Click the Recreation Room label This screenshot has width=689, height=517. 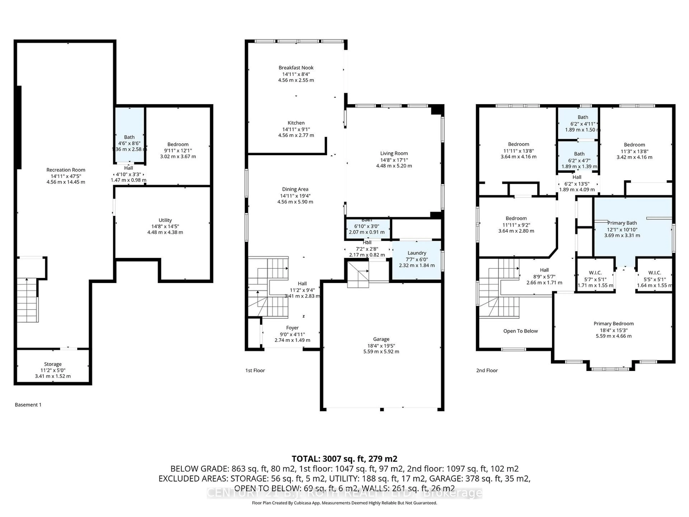[66, 170]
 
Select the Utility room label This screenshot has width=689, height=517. [165, 220]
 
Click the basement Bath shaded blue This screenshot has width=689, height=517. [129, 137]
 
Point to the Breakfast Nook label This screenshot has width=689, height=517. [296, 68]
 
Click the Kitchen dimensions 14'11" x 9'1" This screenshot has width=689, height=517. [296, 129]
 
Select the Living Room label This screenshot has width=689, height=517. [394, 153]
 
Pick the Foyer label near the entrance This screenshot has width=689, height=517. [292, 328]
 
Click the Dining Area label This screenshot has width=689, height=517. [295, 189]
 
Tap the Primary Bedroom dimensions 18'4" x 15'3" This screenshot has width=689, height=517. [613, 330]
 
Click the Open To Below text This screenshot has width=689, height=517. [520, 331]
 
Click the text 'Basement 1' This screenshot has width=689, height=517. [28, 404]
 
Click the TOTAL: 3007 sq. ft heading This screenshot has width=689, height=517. [344, 459]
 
